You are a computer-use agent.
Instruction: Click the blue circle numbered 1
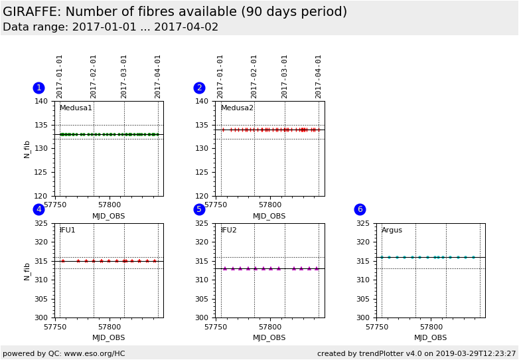(38, 88)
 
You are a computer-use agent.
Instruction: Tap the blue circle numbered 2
(199, 88)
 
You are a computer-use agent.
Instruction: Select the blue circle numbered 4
(38, 209)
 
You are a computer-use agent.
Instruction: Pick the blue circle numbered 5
(199, 209)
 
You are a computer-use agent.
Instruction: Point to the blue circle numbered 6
(360, 209)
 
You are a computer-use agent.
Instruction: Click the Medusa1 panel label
(76, 108)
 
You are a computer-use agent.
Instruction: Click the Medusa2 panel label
(237, 108)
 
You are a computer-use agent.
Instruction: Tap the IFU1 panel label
(67, 230)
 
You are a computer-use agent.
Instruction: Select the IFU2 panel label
(228, 230)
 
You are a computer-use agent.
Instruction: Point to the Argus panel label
(392, 230)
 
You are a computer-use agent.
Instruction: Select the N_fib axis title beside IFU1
(27, 270)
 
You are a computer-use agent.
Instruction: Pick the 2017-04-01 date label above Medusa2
(319, 76)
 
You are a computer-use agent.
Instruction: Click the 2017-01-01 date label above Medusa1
(60, 76)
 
